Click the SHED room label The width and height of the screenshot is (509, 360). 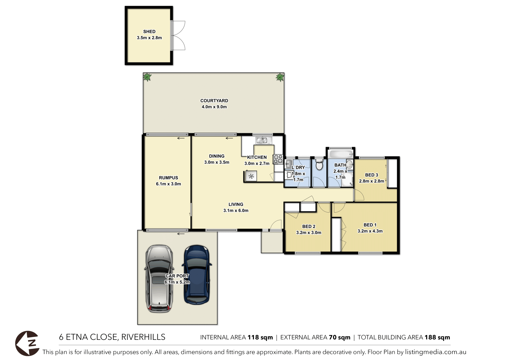(x=149, y=32)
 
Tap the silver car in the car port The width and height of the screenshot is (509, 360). (x=159, y=279)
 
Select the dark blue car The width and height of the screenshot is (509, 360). (x=197, y=275)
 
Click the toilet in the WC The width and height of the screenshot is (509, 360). (x=319, y=165)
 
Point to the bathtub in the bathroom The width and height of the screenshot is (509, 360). (x=341, y=154)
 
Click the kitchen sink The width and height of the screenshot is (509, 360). (x=264, y=140)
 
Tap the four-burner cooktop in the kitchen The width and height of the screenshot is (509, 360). (x=278, y=159)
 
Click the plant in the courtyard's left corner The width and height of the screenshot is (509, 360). (x=147, y=77)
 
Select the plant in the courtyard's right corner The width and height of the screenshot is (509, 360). (x=280, y=77)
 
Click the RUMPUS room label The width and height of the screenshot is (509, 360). (x=168, y=178)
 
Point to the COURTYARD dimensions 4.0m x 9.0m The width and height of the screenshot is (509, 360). (x=214, y=107)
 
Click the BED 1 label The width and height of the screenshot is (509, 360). (x=370, y=225)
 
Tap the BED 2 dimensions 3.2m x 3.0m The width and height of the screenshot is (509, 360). (x=309, y=233)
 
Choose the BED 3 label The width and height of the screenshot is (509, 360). (x=371, y=175)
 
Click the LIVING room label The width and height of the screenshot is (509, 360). (x=236, y=205)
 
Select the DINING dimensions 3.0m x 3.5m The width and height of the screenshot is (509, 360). (x=217, y=162)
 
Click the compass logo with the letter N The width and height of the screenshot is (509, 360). (x=28, y=343)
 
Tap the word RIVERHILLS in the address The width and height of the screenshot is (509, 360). (x=143, y=337)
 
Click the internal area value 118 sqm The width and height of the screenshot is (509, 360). (x=260, y=337)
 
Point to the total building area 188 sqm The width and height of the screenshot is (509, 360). (x=437, y=337)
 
